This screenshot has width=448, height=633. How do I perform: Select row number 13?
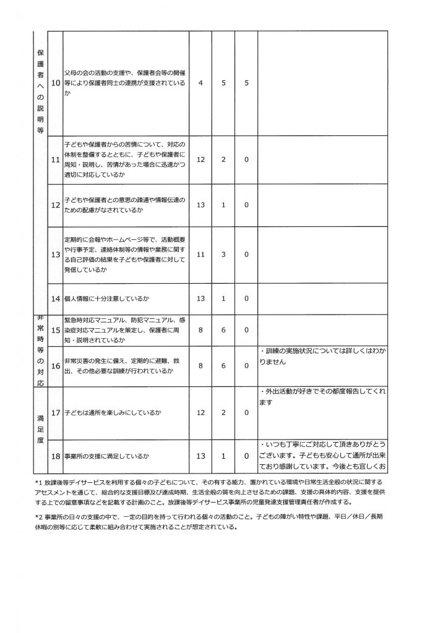[x=54, y=254]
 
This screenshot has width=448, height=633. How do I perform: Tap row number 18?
[x=54, y=456]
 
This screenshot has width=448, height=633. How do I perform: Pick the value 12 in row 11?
[x=200, y=159]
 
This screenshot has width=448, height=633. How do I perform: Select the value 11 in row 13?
[x=200, y=254]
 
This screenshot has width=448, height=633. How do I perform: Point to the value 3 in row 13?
[x=223, y=254]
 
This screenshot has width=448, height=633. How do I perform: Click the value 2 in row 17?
[x=223, y=412]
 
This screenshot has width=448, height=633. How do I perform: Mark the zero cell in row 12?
[x=246, y=205]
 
